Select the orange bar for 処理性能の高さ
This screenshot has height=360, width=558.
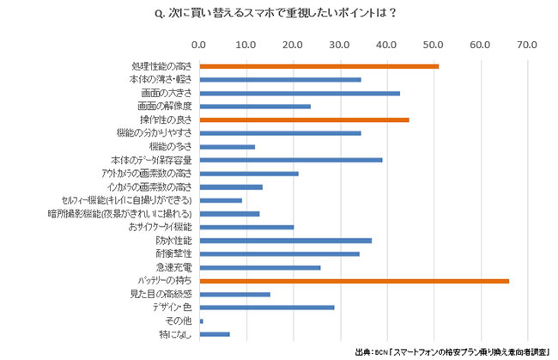[318, 66]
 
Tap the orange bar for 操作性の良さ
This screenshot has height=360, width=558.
[304, 119]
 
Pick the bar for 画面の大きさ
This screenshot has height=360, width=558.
[300, 93]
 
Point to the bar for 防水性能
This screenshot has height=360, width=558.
[285, 241]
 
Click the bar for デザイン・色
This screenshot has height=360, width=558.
[266, 308]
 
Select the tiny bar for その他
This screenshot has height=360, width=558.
[201, 321]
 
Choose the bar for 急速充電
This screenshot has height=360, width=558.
[259, 267]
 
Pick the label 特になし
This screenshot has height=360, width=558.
[175, 334]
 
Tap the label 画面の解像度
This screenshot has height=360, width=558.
[166, 107]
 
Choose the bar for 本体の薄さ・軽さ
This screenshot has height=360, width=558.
[280, 80]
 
